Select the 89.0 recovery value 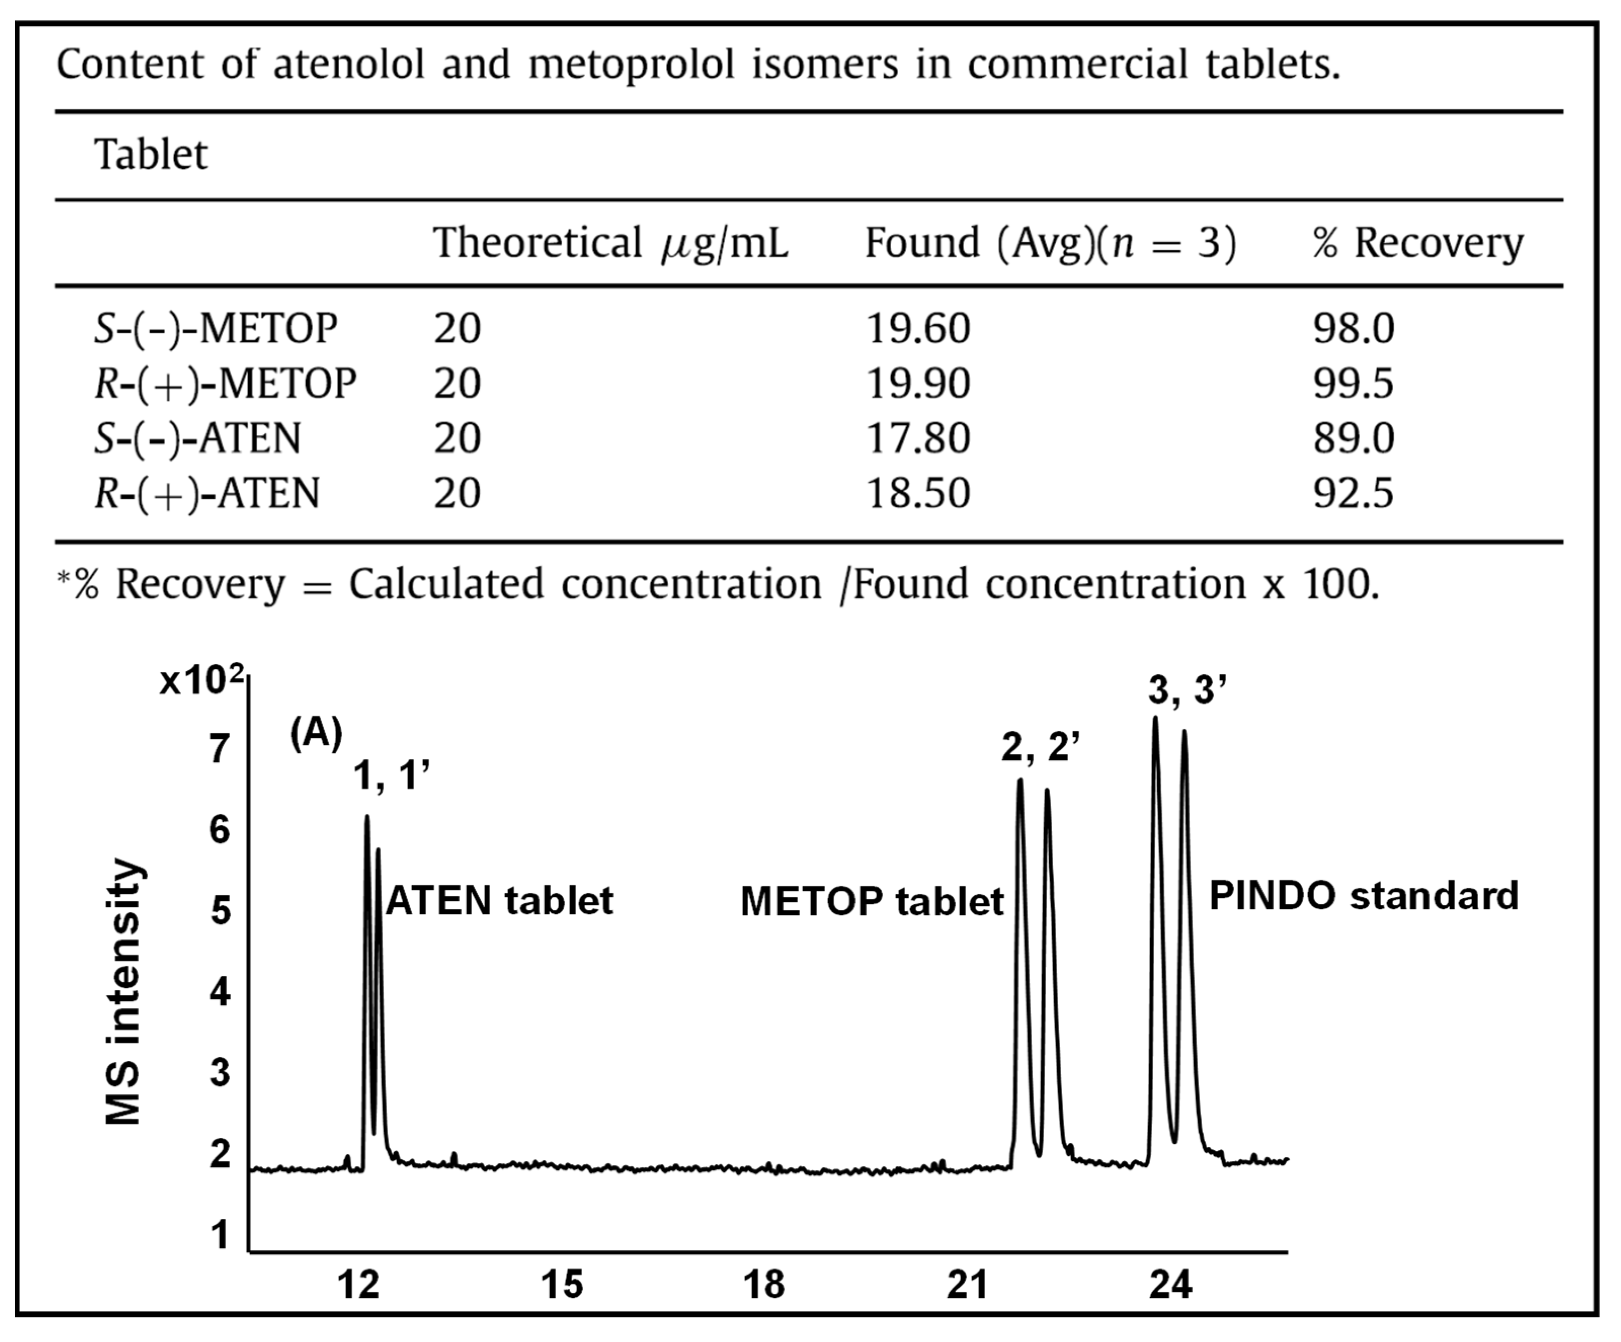click(1353, 438)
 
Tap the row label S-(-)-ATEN click(197, 438)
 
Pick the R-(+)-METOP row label click(225, 384)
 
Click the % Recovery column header click(1417, 243)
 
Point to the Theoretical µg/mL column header click(610, 243)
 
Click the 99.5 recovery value click(1353, 384)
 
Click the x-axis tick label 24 click(1170, 1285)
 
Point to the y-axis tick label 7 click(220, 749)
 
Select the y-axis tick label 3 click(220, 1073)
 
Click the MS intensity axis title click(124, 992)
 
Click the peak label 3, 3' click(1187, 689)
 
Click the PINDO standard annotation click(1363, 896)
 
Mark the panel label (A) click(316, 733)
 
